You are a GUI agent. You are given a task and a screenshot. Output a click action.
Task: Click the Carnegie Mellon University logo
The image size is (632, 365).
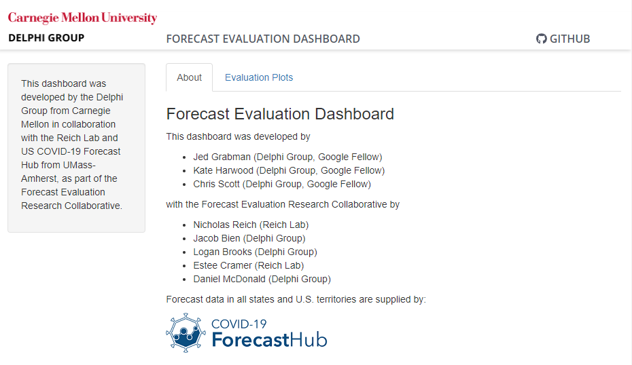coord(83,18)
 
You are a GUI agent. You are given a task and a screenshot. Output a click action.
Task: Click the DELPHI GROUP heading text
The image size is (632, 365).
coord(46,38)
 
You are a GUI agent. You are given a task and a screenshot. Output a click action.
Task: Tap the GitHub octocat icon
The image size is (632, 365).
coord(542,39)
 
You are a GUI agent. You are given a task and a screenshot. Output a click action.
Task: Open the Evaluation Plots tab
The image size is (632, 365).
coord(259,77)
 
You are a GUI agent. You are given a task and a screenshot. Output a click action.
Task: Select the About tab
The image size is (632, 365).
coord(189,77)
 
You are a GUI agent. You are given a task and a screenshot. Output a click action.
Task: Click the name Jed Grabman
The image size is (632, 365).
coord(222,157)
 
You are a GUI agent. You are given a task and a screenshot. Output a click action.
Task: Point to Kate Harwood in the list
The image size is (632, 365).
coord(224,171)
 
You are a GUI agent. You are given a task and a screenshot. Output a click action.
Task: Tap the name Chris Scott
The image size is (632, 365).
coord(217,185)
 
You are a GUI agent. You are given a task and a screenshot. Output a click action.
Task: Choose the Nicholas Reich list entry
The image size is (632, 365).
coord(251,225)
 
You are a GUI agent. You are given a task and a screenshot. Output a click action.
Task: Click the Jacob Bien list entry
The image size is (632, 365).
coord(249,238)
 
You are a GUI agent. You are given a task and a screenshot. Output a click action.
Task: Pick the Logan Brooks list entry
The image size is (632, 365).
coord(255,252)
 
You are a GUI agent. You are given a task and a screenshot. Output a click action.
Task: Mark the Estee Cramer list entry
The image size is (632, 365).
coord(248,265)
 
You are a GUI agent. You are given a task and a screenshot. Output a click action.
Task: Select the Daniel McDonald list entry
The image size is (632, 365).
coord(262,280)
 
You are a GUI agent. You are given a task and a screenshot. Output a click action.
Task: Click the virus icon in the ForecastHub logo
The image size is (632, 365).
coord(186,333)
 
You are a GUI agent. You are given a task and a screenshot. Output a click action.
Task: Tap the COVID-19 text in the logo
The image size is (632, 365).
coord(239,324)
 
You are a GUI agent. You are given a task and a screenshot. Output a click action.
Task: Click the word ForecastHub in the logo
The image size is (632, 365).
coord(269,340)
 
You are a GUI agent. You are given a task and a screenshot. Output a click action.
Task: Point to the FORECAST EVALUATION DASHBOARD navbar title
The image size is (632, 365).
coord(263,39)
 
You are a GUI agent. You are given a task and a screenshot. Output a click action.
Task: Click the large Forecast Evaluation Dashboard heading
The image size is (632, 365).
coord(280,114)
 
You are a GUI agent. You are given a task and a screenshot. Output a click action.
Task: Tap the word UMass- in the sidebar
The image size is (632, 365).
coord(79,165)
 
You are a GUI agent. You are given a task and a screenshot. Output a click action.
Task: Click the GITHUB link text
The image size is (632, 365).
coord(570,39)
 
